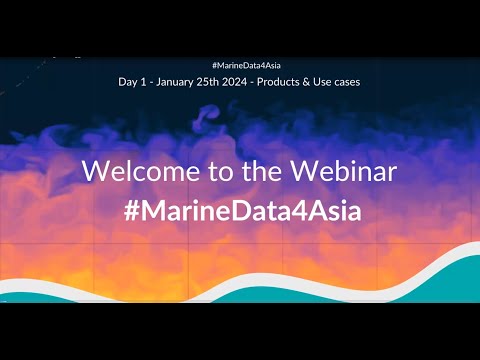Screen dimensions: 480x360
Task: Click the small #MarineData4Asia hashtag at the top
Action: [x=246, y=65]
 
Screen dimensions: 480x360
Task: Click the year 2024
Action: [x=235, y=82]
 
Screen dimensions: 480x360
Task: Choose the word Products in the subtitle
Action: [x=278, y=82]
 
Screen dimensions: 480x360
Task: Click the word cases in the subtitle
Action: [x=346, y=83]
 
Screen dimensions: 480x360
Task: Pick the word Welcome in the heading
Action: [x=141, y=171]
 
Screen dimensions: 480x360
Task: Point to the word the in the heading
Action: [x=262, y=171]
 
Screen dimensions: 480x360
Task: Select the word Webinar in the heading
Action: [x=344, y=171]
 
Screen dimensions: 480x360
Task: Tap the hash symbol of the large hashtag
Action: [x=131, y=211]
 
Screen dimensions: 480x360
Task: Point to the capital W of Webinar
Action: [x=306, y=171]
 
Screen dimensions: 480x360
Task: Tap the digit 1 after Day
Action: [x=143, y=82]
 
